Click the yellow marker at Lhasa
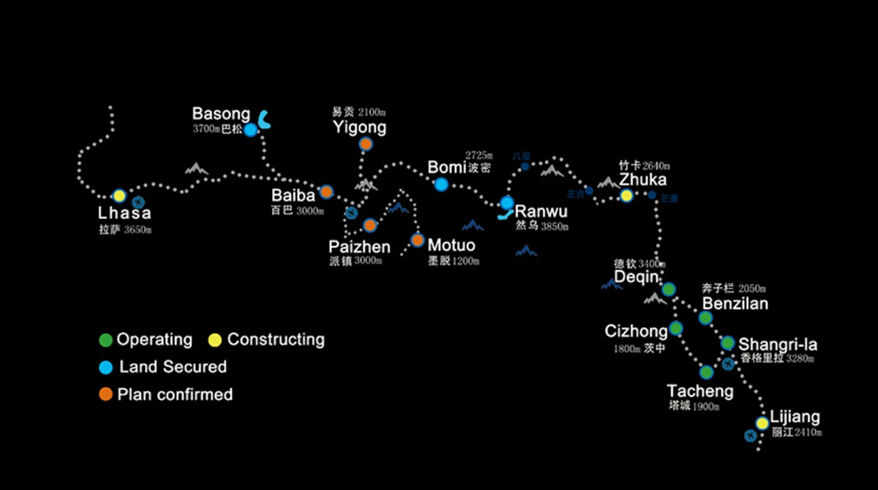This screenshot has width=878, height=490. (119, 196)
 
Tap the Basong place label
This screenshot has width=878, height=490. (221, 114)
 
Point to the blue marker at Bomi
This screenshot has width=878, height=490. (441, 185)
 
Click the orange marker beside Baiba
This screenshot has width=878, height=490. (326, 192)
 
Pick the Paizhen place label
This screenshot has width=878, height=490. (359, 247)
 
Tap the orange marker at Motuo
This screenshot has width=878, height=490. (418, 240)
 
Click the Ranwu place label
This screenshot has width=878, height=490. (541, 212)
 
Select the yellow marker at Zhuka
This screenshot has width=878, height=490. (626, 196)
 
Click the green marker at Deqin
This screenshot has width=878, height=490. (669, 289)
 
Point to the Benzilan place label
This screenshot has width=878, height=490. (735, 303)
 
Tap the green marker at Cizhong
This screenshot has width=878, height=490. (676, 328)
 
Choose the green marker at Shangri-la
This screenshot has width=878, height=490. (727, 343)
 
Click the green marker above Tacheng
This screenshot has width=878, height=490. (706, 372)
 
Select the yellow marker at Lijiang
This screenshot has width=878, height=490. (762, 423)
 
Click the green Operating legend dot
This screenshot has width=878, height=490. (106, 340)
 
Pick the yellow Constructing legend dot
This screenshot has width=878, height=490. (214, 340)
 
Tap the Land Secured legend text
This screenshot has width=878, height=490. (173, 367)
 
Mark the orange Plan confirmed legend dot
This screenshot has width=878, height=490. (106, 394)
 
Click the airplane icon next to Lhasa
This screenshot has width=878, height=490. (138, 201)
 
